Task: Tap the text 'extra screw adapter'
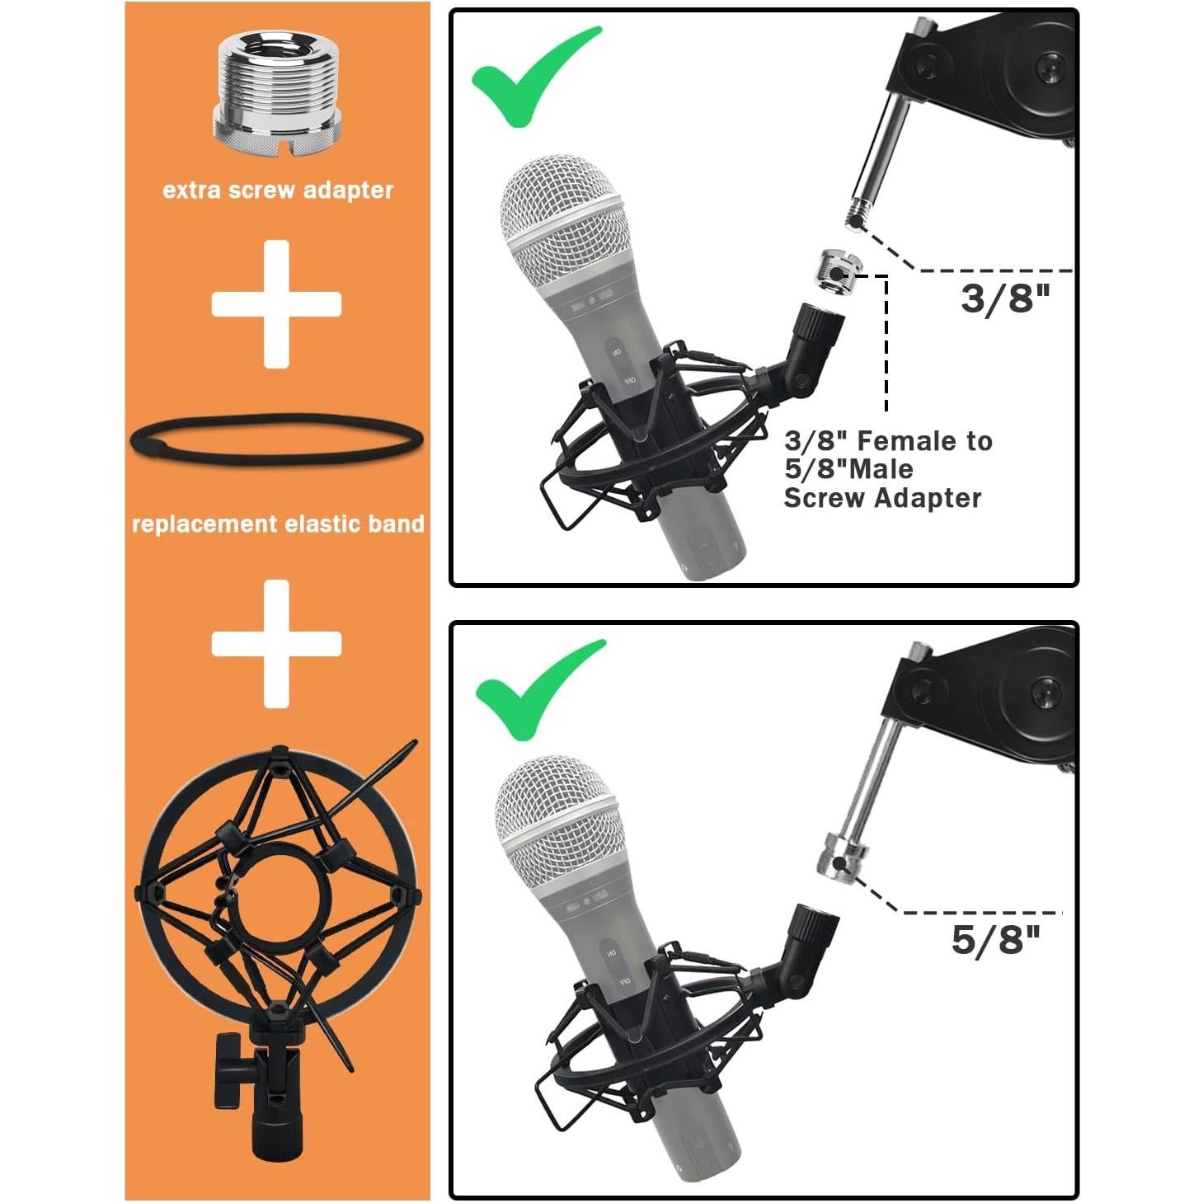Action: click(x=278, y=190)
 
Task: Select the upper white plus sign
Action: click(x=276, y=303)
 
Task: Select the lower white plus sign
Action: click(x=276, y=643)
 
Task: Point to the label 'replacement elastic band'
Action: click(x=278, y=524)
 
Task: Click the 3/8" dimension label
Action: click(x=1005, y=298)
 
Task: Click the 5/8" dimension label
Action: click(x=995, y=939)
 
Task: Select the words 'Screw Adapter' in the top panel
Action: click(x=882, y=498)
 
